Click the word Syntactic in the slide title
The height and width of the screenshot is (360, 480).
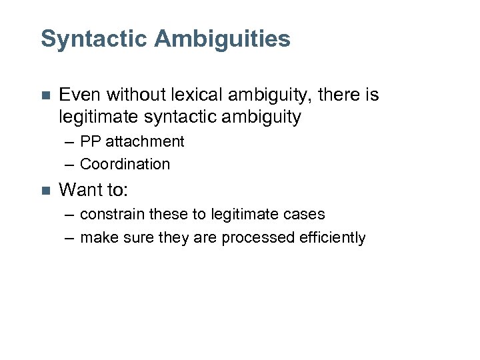pyautogui.click(x=94, y=39)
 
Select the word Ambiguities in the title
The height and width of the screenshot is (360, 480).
pyautogui.click(x=223, y=39)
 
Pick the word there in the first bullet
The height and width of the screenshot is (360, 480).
pyautogui.click(x=339, y=95)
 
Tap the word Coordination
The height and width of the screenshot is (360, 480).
pyautogui.click(x=125, y=164)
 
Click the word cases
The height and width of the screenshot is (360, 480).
pyautogui.click(x=304, y=215)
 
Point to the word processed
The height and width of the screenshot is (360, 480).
pyautogui.click(x=252, y=237)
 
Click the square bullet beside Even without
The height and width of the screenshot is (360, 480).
pyautogui.click(x=45, y=96)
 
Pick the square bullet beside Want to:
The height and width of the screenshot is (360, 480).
pyautogui.click(x=45, y=191)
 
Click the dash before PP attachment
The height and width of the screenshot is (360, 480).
pyautogui.click(x=70, y=142)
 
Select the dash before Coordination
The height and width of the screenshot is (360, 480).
pyautogui.click(x=70, y=165)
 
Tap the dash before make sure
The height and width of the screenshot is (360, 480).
pyautogui.click(x=70, y=238)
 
